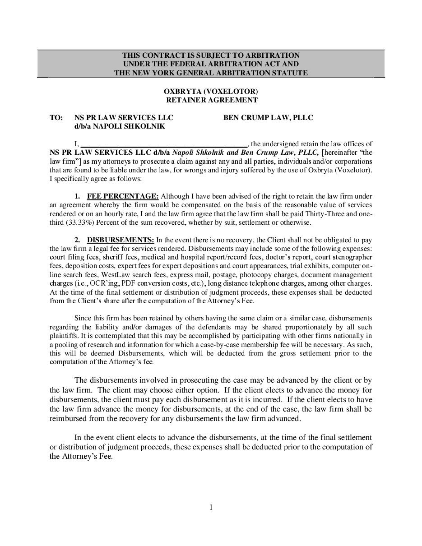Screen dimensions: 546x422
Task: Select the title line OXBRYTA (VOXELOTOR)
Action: click(x=211, y=92)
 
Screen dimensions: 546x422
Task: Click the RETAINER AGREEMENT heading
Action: click(x=211, y=100)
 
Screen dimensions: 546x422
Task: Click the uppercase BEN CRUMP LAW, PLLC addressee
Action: click(x=268, y=118)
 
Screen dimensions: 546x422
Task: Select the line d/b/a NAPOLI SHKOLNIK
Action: click(x=120, y=126)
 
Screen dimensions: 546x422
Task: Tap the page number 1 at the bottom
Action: click(x=211, y=508)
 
